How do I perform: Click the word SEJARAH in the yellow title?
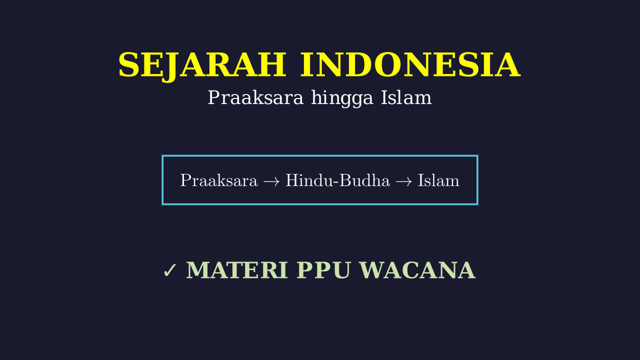pos(202,65)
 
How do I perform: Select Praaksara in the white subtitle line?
pos(255,97)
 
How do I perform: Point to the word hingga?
pos(342,99)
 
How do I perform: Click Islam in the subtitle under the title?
pos(406,97)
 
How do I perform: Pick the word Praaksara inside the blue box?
pos(219,180)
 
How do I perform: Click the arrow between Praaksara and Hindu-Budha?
pos(271,181)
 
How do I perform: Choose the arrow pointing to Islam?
pos(404,181)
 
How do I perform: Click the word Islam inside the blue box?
pos(438,180)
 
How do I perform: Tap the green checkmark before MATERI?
pos(170,270)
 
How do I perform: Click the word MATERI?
pos(237,270)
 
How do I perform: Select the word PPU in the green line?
pos(323,270)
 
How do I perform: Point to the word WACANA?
pos(417,270)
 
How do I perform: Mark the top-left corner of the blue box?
pos(162,156)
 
